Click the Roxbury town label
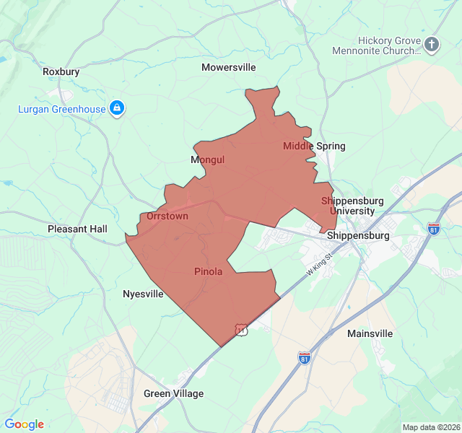click(x=61, y=71)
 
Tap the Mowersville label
click(x=229, y=67)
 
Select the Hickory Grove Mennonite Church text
click(x=376, y=45)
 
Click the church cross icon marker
click(x=432, y=45)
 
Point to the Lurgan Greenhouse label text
click(x=62, y=109)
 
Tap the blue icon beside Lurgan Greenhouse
click(x=117, y=109)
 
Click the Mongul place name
click(x=208, y=159)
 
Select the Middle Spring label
click(x=314, y=146)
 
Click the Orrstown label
click(x=167, y=216)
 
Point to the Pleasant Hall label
click(x=77, y=229)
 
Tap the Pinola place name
click(x=208, y=271)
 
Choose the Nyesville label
click(x=143, y=294)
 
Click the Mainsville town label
click(x=370, y=333)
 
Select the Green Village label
click(x=173, y=393)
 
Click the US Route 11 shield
click(x=241, y=330)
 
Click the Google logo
click(x=25, y=424)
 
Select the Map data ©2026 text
click(x=430, y=427)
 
